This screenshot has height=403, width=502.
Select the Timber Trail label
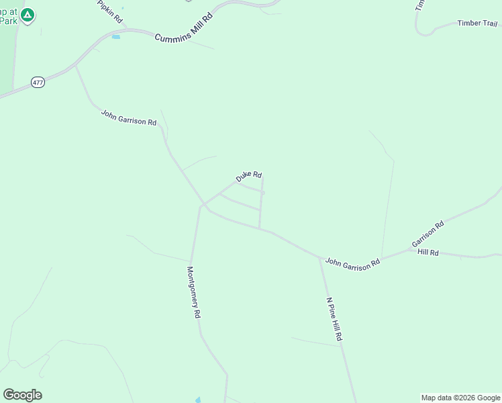(x=477, y=23)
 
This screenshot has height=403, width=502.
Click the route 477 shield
(x=38, y=82)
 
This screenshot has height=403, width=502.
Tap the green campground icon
(x=28, y=15)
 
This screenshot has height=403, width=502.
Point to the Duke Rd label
(x=248, y=177)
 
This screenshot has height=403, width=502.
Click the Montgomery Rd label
(x=194, y=292)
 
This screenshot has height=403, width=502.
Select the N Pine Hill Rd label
(x=334, y=319)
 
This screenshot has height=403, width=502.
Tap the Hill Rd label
(x=428, y=253)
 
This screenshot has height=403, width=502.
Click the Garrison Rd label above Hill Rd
(x=428, y=234)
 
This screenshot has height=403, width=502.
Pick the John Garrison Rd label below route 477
(x=129, y=118)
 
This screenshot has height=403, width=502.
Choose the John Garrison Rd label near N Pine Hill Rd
(x=352, y=264)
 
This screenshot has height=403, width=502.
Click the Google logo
(x=22, y=394)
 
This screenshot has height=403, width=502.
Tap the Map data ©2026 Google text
(x=460, y=398)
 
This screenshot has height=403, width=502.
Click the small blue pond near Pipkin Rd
(x=116, y=36)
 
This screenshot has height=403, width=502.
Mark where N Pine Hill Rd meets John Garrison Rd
(x=319, y=257)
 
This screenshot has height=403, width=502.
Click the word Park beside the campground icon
(x=8, y=20)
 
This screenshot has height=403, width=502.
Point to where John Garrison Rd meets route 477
(x=75, y=65)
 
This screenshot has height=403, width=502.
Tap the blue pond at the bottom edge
(x=198, y=400)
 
